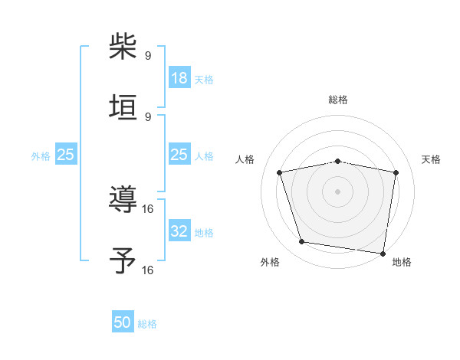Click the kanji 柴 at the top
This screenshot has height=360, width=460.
pyautogui.click(x=123, y=47)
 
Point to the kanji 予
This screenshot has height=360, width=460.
pyautogui.click(x=123, y=260)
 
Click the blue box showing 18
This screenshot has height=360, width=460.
pyautogui.click(x=179, y=77)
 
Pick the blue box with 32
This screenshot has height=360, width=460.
pyautogui.click(x=179, y=231)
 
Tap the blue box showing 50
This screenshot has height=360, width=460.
pyautogui.click(x=123, y=322)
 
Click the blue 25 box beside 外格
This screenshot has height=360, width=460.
pyautogui.click(x=66, y=155)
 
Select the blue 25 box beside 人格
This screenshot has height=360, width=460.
pyautogui.click(x=179, y=155)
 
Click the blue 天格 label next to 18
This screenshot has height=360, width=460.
pyautogui.click(x=204, y=79)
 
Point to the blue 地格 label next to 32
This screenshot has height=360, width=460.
pyautogui.click(x=204, y=233)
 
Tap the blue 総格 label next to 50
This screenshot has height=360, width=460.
pyautogui.click(x=147, y=324)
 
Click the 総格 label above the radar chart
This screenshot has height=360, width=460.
pyautogui.click(x=337, y=100)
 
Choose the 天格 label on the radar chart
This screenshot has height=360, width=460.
pyautogui.click(x=432, y=159)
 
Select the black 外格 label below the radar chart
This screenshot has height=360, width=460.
pyautogui.click(x=270, y=262)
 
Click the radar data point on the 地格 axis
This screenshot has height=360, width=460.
pyautogui.click(x=383, y=253)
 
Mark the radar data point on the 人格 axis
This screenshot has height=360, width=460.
pyautogui.click(x=280, y=172)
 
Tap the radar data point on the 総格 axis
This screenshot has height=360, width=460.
pyautogui.click(x=337, y=161)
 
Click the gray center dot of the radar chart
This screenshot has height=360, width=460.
pyautogui.click(x=337, y=191)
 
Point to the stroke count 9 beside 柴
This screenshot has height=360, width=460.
pyautogui.click(x=148, y=56)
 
